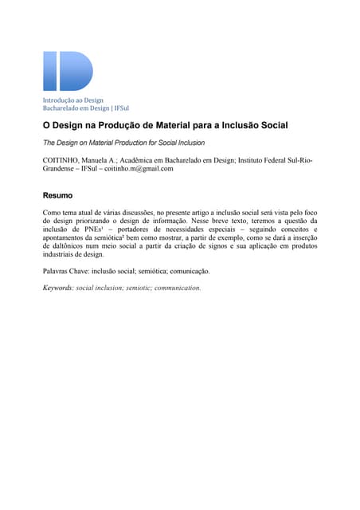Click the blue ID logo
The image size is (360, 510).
coord(68,71)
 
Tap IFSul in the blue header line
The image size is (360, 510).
coord(121,108)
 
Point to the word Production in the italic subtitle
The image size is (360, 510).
coord(123,143)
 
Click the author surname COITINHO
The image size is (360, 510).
coord(61,160)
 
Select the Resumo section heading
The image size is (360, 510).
coord(57,195)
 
